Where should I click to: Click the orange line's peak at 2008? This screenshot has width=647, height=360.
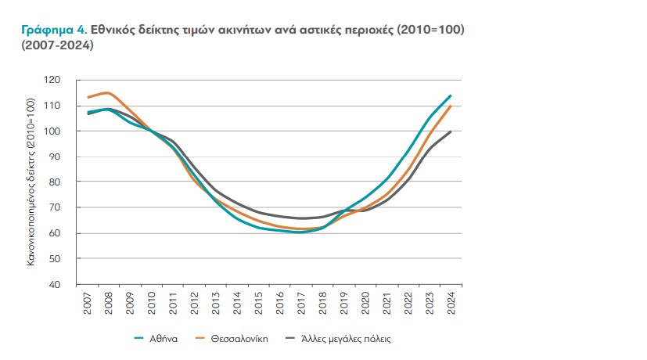click(107, 93)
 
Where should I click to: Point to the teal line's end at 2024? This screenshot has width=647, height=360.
click(451, 95)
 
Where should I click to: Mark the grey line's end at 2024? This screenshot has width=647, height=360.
click(451, 131)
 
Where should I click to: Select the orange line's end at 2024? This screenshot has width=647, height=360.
click(451, 106)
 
